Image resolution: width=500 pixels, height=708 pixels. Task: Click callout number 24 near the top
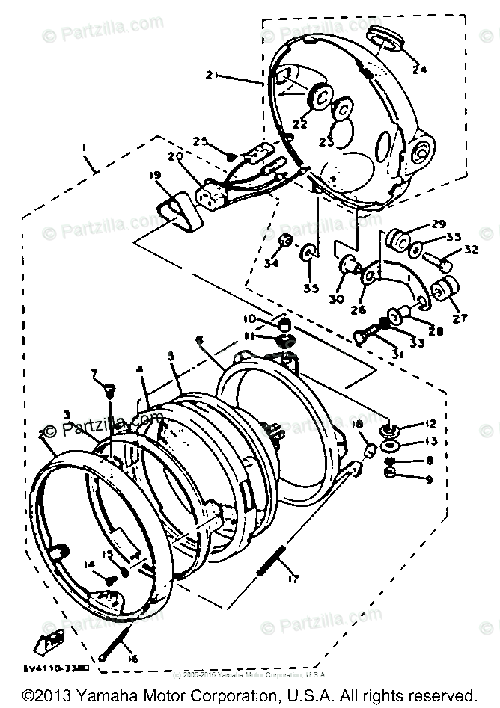420,70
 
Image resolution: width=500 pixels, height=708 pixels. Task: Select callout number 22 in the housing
300,124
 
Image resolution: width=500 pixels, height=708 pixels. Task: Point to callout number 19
154,176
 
